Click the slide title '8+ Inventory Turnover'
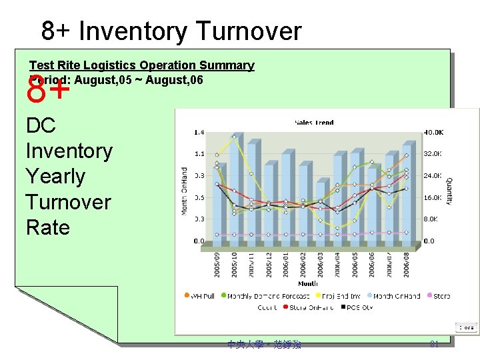coord(171,31)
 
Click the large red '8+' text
coord(48,91)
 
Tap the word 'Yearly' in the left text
coord(55,176)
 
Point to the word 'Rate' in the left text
coord(47,227)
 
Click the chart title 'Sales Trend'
coord(314,123)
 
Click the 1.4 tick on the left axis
coord(199,133)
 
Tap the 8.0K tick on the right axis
coord(432,219)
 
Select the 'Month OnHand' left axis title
coord(185,191)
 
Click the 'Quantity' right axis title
coord(449,191)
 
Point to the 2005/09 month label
coord(217,264)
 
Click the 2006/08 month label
coord(406,264)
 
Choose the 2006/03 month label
coord(320,264)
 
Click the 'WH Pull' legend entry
coord(200,296)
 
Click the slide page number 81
coord(434,344)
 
